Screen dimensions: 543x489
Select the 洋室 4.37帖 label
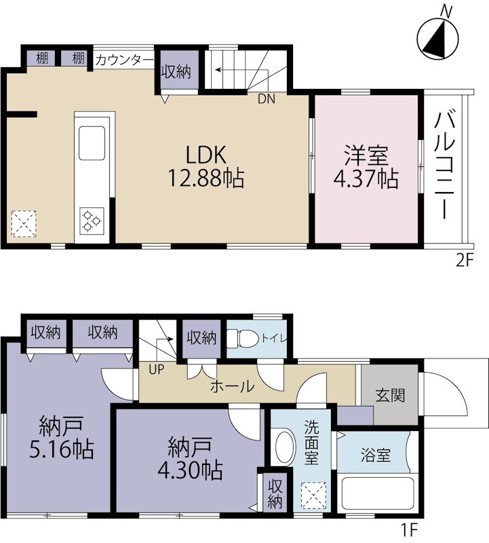(366, 167)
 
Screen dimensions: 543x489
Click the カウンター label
(124, 59)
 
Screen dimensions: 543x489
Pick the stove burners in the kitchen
(91, 219)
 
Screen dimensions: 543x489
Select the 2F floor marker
(463, 261)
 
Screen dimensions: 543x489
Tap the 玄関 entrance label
(390, 394)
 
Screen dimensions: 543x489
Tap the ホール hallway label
(232, 388)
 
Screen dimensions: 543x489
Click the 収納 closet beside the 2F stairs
(178, 72)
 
